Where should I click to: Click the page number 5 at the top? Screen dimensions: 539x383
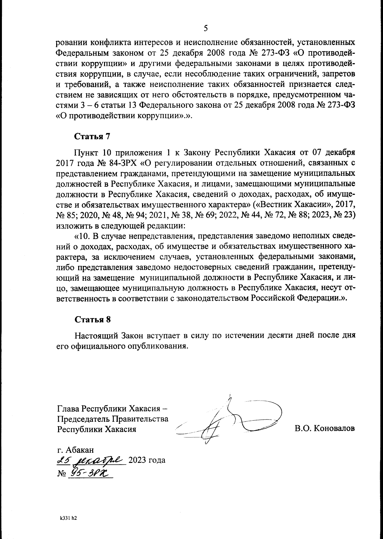[206, 28]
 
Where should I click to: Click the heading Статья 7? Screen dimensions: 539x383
[92, 137]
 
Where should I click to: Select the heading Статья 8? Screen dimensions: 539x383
[92, 319]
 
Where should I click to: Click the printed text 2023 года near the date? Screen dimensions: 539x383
[146, 461]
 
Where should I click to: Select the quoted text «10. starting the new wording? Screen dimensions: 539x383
[82, 236]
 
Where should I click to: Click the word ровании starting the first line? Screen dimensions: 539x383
[71, 42]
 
